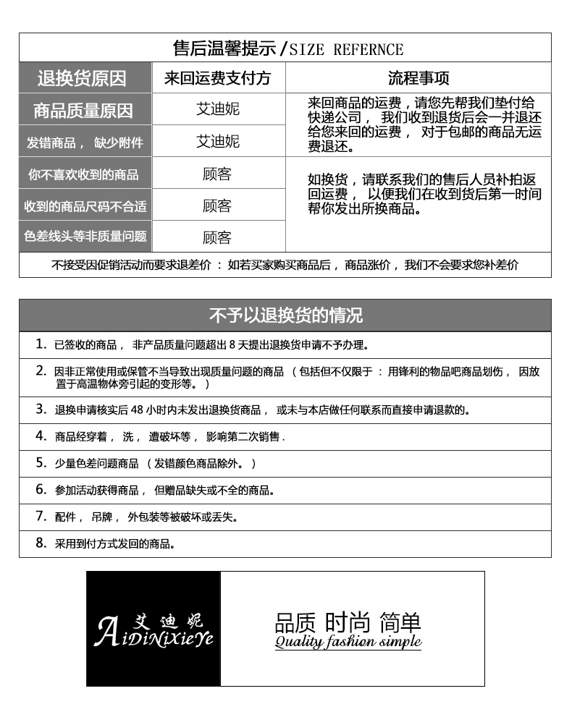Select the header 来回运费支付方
point(218,78)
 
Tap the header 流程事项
point(419,78)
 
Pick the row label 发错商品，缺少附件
point(85,142)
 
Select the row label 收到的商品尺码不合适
point(85,205)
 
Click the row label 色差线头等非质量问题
point(85,237)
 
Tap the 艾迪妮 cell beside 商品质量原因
point(218,110)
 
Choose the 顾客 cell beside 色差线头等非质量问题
point(218,237)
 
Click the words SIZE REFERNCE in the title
point(346,49)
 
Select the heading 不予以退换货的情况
point(285,315)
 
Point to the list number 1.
point(41,344)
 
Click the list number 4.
point(41,436)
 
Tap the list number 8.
point(41,543)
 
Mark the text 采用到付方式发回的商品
point(115,543)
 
